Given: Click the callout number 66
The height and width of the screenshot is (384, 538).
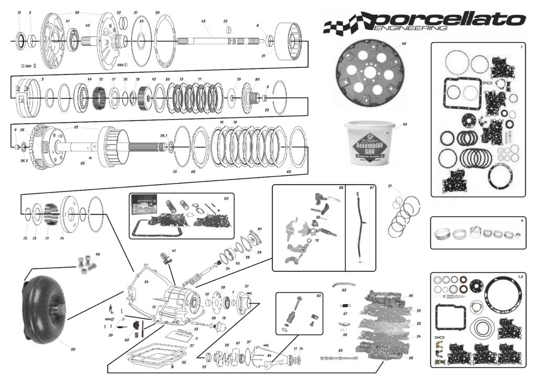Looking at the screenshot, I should (340, 187).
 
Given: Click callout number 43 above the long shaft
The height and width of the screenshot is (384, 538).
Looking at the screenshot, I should (203, 22).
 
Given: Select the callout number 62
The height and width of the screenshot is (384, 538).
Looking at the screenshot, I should (318, 296).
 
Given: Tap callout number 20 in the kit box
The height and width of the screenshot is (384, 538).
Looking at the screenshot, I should (225, 198).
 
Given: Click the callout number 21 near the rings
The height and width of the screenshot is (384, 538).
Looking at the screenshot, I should (390, 186).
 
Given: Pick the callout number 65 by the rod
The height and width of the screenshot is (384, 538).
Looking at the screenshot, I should (340, 350).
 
